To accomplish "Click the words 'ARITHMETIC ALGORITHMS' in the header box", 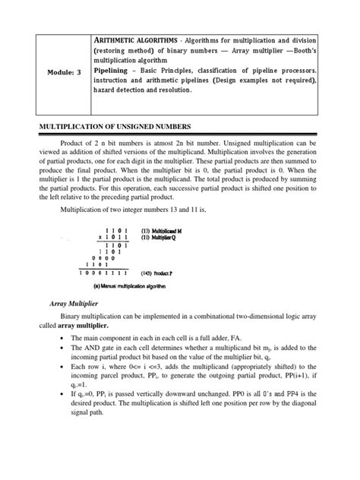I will click(134, 39).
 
